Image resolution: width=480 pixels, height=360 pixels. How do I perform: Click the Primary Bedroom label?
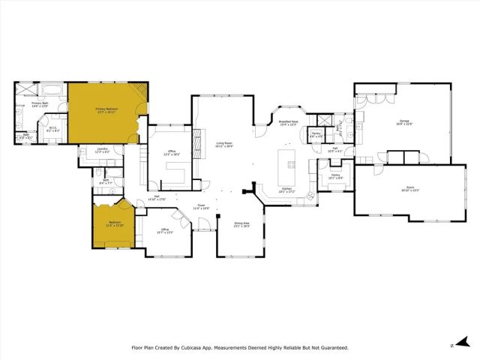(x=105, y=110)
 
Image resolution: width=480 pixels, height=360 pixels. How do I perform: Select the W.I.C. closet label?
(x=54, y=128)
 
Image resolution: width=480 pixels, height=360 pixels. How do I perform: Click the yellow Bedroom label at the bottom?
(x=115, y=223)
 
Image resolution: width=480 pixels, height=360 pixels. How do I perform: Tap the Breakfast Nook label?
(x=289, y=122)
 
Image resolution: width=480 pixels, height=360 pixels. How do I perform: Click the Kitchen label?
(x=287, y=190)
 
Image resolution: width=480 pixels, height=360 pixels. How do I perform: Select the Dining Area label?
(x=241, y=223)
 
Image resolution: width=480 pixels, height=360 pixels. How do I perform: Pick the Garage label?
(x=403, y=122)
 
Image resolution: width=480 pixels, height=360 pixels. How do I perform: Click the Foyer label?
(x=201, y=205)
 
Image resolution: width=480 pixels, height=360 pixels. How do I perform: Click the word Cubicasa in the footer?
(x=202, y=347)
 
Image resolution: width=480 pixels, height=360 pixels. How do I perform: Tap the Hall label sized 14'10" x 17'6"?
(x=156, y=197)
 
